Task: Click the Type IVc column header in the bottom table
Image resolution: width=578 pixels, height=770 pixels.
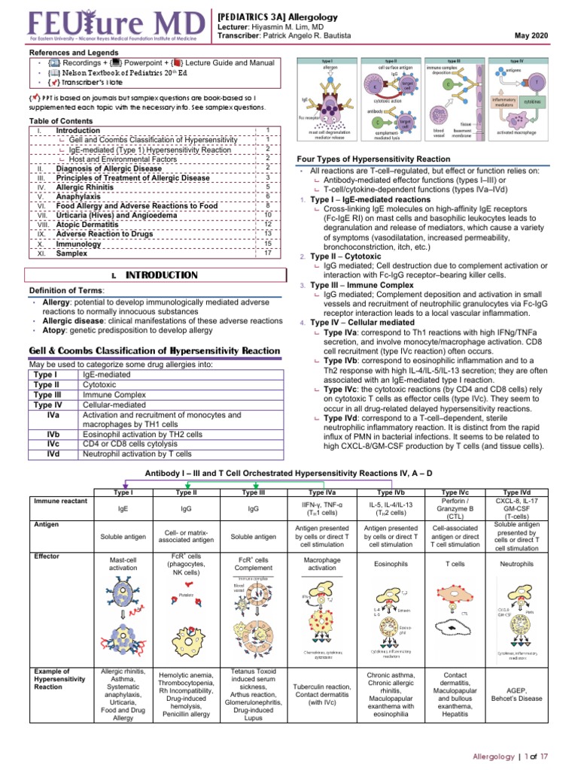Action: (x=455, y=491)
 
